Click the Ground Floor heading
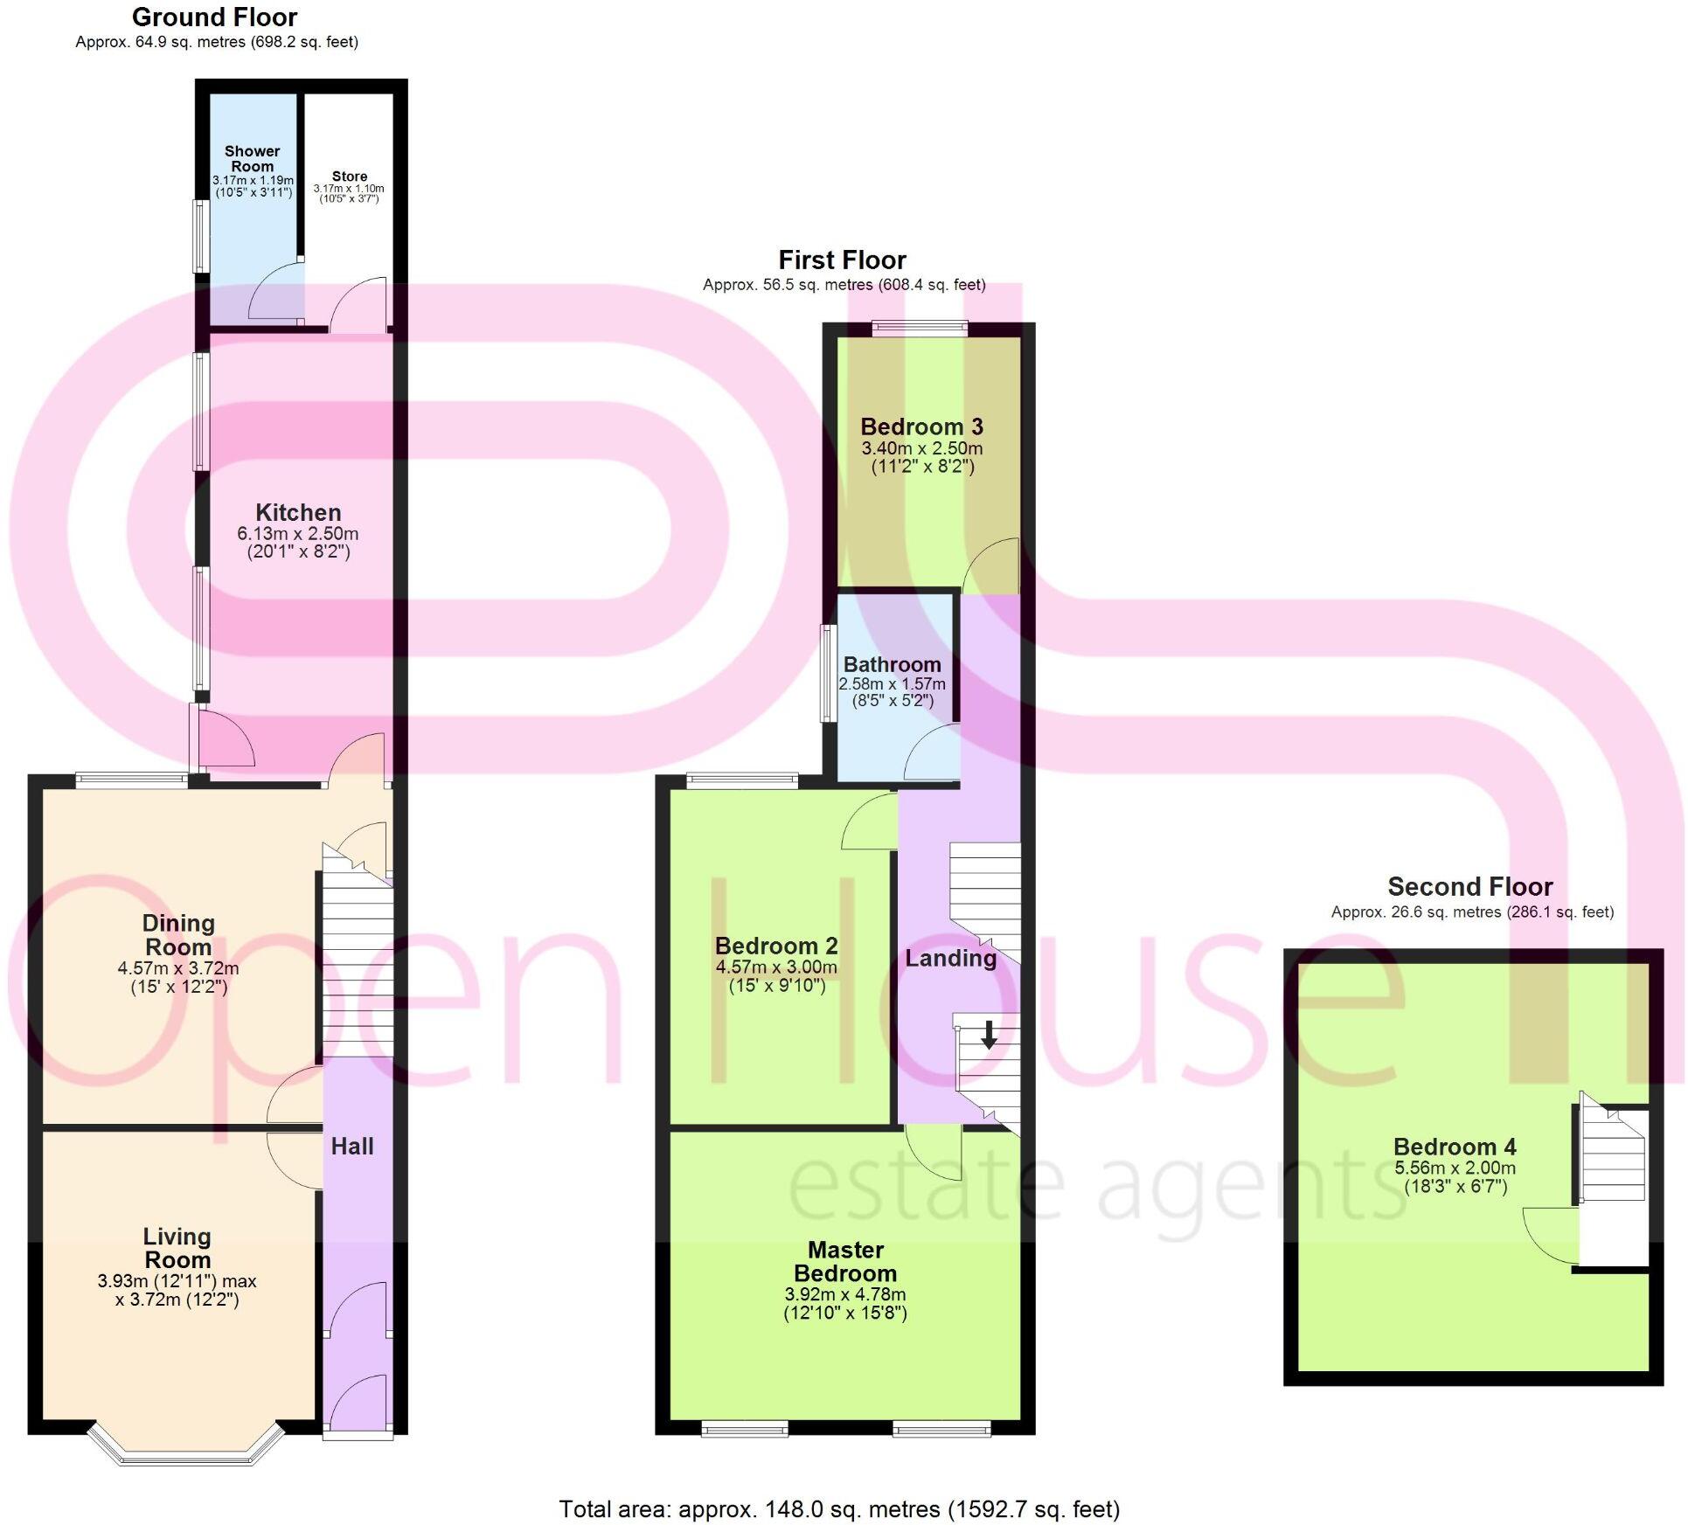coord(214,17)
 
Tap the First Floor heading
coord(842,260)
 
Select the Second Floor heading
coord(1469,887)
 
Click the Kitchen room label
coord(298,513)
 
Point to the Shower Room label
coord(252,159)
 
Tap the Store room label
coord(349,177)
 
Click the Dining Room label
coord(178,935)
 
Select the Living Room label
coord(177,1248)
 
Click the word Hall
coord(352,1147)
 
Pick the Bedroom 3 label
coord(921,427)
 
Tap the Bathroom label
coord(892,664)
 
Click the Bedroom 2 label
coord(776,946)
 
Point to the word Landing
coord(950,959)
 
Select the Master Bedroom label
coord(845,1261)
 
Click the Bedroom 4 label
coord(1455,1147)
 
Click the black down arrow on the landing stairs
coord(989,1036)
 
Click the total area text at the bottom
coord(839,1509)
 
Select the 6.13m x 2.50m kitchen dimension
coord(298,534)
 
